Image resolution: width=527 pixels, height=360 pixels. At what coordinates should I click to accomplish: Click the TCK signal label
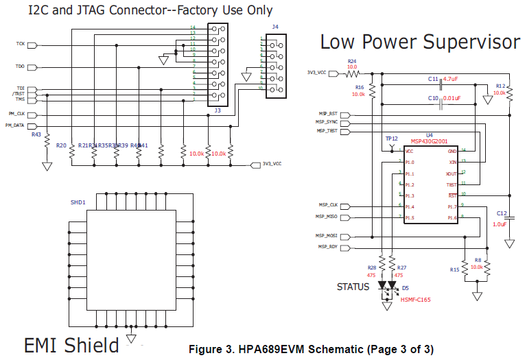click(x=21, y=44)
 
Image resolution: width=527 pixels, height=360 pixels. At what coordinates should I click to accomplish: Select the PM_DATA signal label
click(x=15, y=125)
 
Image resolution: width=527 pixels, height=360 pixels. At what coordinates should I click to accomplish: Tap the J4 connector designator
click(x=275, y=27)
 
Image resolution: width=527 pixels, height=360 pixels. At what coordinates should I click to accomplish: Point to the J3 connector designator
click(x=217, y=110)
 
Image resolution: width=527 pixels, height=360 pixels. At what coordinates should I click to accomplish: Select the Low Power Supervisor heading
click(x=420, y=43)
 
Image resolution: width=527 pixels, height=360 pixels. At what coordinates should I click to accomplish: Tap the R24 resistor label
click(x=352, y=61)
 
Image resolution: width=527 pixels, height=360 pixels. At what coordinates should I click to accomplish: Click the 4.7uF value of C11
click(x=450, y=80)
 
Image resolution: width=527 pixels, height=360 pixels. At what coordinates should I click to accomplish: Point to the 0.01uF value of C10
click(x=452, y=99)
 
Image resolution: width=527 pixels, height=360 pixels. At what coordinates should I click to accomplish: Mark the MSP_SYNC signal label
click(x=327, y=122)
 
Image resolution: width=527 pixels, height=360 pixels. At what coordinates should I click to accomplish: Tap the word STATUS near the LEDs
click(x=353, y=286)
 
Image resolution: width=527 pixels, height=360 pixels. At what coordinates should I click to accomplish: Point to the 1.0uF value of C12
click(x=500, y=224)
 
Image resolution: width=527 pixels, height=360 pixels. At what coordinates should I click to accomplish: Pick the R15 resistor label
click(x=454, y=269)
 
